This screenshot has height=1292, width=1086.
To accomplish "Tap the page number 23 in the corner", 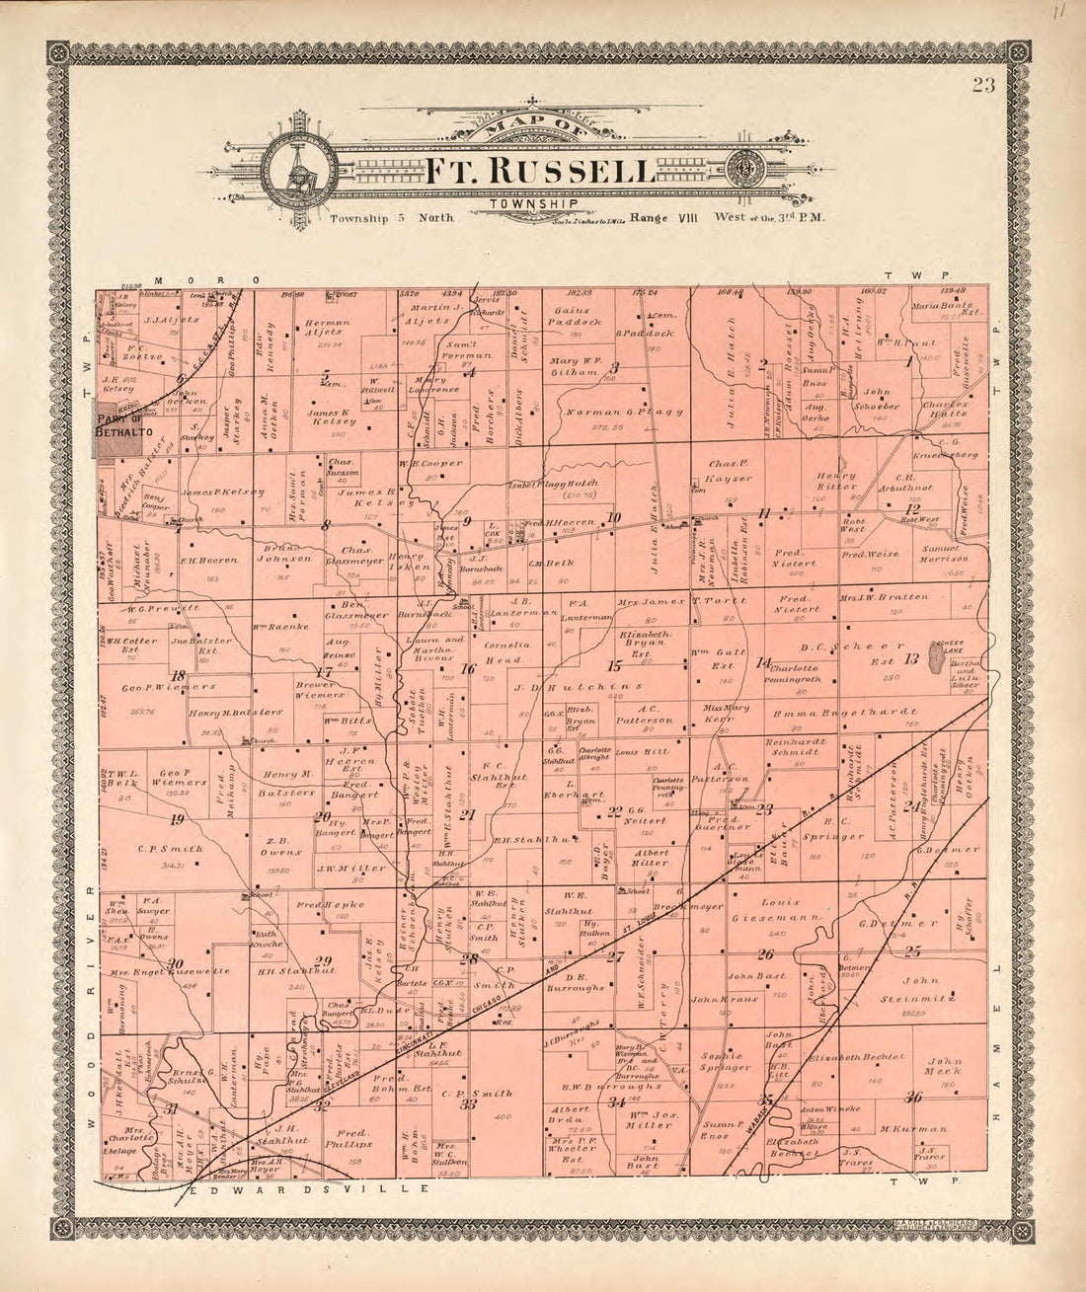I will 982,84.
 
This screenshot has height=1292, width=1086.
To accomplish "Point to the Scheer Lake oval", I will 935,661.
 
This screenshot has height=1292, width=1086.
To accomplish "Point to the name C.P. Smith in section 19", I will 170,848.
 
